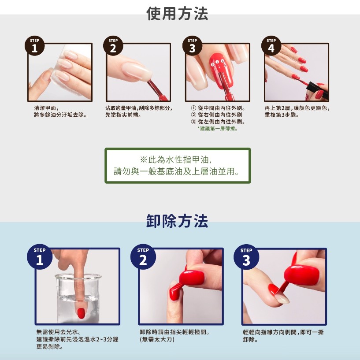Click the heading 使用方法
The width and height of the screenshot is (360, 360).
click(177, 14)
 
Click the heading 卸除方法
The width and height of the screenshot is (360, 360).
click(177, 221)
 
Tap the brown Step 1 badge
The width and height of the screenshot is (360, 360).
click(34, 46)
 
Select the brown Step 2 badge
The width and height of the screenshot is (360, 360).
click(113, 46)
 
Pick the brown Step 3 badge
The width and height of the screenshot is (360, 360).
click(193, 46)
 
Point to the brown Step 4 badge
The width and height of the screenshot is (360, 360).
click(271, 46)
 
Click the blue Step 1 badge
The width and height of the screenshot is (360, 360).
click(40, 257)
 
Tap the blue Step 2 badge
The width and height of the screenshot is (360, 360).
click(143, 257)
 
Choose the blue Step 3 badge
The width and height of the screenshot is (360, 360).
click(246, 257)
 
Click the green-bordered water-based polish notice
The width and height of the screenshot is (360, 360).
click(178, 166)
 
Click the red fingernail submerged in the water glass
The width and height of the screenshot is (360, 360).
click(81, 313)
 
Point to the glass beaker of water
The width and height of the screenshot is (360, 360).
click(78, 298)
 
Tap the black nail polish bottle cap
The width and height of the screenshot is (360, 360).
click(318, 90)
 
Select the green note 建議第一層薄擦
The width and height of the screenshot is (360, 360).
click(218, 129)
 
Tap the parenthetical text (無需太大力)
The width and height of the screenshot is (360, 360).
click(157, 339)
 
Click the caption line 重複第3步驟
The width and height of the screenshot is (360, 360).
click(282, 115)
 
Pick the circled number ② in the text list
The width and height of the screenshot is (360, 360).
click(194, 115)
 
